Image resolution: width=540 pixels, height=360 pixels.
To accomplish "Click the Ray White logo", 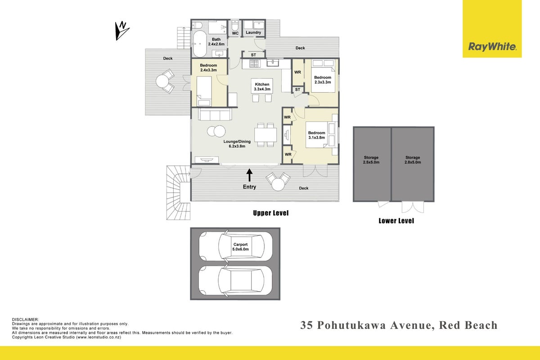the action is pos(492,29).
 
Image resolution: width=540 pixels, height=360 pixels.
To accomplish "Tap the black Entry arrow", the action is pos(249,175).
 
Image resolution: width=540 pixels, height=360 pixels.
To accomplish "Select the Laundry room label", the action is pos(253,32).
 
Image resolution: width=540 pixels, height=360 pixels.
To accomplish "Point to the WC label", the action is pos(235,33).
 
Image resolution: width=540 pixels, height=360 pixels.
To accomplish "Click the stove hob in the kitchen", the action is pos(255,63).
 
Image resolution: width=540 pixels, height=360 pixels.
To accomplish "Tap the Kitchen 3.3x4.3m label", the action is pos(262,87).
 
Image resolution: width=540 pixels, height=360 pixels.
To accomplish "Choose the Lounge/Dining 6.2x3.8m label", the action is pos(237,144).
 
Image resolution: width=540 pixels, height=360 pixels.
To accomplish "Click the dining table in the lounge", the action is pos(265,135).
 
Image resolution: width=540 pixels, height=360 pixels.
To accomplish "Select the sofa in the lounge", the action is pos(215,114).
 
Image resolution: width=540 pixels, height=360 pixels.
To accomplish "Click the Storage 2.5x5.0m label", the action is pos(371,160).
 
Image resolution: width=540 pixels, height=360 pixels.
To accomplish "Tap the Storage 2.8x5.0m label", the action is pos(413,160).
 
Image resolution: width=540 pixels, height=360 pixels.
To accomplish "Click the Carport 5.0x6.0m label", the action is pos(240,247).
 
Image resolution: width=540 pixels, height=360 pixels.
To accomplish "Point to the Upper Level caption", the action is pos(271,213).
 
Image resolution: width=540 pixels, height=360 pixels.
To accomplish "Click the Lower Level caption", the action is pos(396,221).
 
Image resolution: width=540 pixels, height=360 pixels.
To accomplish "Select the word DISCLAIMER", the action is pos(25,320).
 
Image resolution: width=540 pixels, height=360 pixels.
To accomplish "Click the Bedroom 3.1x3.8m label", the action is pos(316,135).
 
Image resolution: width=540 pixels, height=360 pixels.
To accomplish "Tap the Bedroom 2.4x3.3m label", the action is pos(208,68).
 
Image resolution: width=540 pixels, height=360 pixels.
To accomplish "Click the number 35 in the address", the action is pos(306,325).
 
